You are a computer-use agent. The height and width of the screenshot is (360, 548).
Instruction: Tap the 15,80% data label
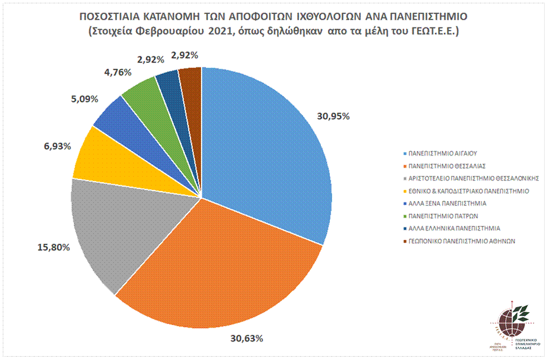coord(54,247)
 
